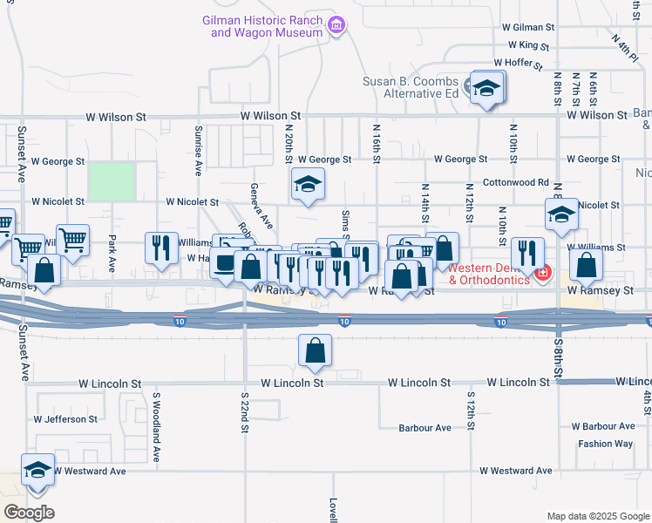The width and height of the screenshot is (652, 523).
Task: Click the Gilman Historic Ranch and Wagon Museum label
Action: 262,25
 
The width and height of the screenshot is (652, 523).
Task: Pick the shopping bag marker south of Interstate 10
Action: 315,350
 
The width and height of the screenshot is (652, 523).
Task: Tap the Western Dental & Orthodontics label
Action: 488,274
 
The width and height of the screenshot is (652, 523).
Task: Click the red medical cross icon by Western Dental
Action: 544,273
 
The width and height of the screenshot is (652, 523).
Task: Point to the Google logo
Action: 28,513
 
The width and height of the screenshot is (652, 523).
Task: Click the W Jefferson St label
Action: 66,419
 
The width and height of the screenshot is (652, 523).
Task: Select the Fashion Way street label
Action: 605,444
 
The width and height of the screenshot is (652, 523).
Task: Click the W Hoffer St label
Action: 518,63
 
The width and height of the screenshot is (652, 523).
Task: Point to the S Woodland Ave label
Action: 157,426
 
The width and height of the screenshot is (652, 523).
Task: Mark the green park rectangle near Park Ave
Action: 112,181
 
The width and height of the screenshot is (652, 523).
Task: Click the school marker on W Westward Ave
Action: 38,471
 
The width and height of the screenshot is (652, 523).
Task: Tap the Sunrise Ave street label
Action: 199,158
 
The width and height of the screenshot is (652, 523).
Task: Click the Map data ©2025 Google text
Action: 598,516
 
